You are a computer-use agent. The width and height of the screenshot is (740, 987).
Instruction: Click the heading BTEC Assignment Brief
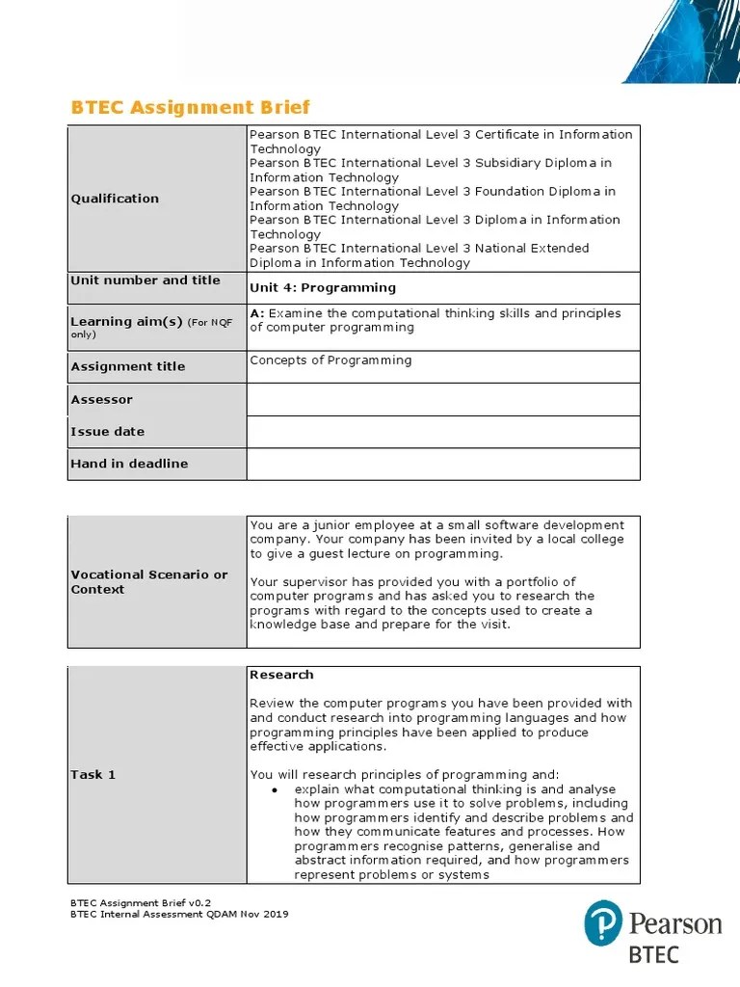pyautogui.click(x=191, y=107)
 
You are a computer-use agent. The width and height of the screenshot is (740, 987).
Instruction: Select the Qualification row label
pyautogui.click(x=115, y=199)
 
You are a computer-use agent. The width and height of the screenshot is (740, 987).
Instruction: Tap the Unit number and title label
pyautogui.click(x=145, y=280)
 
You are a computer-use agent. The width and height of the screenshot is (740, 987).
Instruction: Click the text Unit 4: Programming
pyautogui.click(x=322, y=287)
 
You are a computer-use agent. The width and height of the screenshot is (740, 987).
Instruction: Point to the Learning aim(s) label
pyautogui.click(x=126, y=322)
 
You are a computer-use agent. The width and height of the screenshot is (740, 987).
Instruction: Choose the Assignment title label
pyautogui.click(x=127, y=366)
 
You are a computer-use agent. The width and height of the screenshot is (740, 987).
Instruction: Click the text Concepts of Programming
pyautogui.click(x=330, y=360)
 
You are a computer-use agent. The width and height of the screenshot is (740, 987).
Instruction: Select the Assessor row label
pyautogui.click(x=101, y=399)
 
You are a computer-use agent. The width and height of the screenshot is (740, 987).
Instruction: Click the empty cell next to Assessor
pyautogui.click(x=443, y=399)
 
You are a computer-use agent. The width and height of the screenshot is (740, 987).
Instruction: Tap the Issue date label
pyautogui.click(x=107, y=432)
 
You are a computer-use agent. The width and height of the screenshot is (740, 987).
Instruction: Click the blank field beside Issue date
pyautogui.click(x=443, y=432)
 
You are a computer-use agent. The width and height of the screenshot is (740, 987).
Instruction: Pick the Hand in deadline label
pyautogui.click(x=129, y=464)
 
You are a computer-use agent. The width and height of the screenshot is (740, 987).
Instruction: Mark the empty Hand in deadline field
pyautogui.click(x=443, y=464)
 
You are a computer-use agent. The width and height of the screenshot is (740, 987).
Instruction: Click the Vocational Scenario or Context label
pyautogui.click(x=148, y=581)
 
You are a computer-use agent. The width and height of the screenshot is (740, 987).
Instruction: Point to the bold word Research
pyautogui.click(x=281, y=675)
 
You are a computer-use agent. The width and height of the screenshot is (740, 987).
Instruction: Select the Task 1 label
pyautogui.click(x=92, y=775)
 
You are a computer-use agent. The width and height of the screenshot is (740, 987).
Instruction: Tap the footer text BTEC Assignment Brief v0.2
pyautogui.click(x=141, y=902)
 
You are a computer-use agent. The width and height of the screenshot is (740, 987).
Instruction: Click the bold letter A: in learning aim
pyautogui.click(x=257, y=313)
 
